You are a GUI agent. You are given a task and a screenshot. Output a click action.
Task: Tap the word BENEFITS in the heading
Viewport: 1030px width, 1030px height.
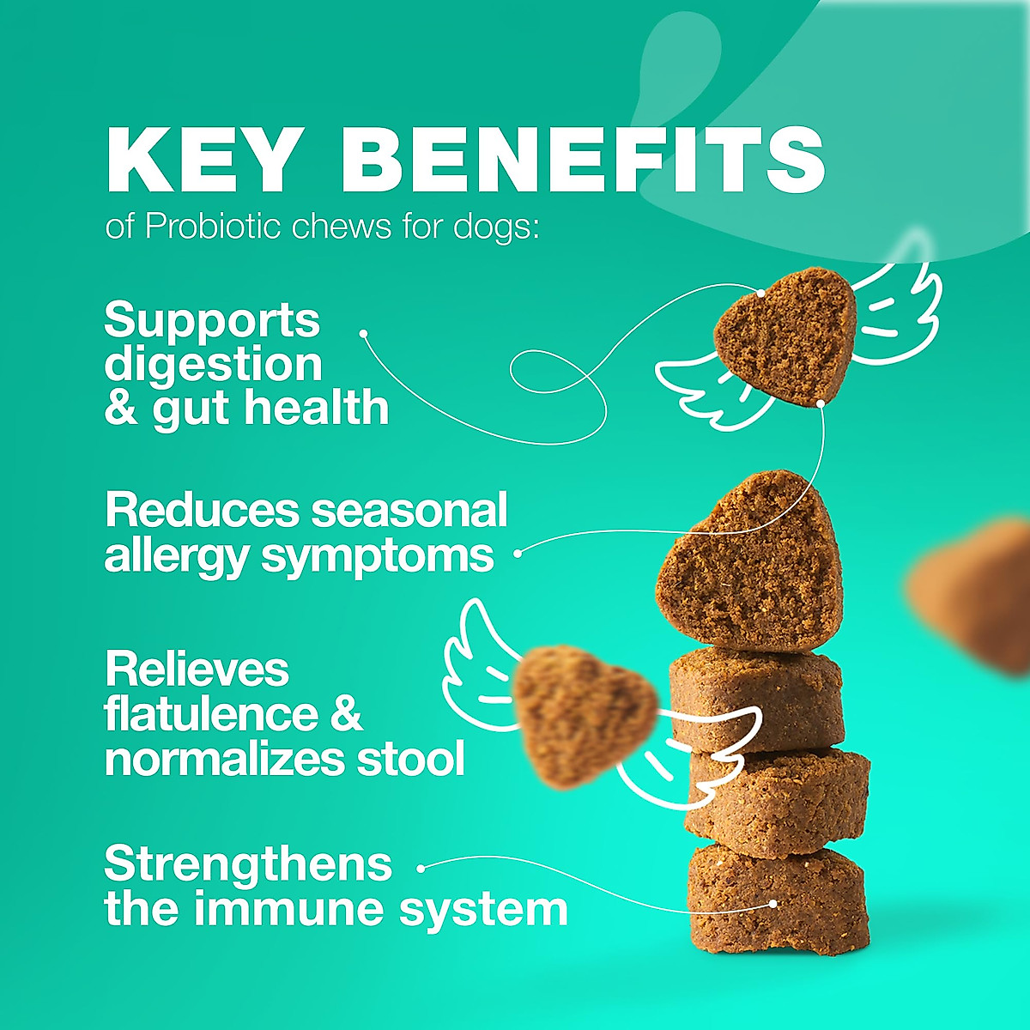(x=583, y=161)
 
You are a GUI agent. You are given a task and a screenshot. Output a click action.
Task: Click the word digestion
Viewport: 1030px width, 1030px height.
(x=213, y=364)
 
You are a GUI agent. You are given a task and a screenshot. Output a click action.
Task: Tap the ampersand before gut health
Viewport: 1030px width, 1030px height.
(x=120, y=408)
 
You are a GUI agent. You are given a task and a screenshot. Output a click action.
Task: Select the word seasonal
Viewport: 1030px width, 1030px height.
(x=409, y=511)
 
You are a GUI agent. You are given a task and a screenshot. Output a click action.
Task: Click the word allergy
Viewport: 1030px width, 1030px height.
(x=176, y=556)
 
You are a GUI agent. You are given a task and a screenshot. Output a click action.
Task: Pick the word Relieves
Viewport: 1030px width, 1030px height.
(x=197, y=669)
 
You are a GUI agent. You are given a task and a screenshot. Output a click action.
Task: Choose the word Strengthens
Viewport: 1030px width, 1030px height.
(x=248, y=864)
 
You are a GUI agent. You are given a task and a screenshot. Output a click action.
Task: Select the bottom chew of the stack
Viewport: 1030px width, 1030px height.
(x=778, y=897)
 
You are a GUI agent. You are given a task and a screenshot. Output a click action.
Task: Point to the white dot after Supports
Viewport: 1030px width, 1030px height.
(x=363, y=333)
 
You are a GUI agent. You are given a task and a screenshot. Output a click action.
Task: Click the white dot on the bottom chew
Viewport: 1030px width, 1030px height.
(x=773, y=903)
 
